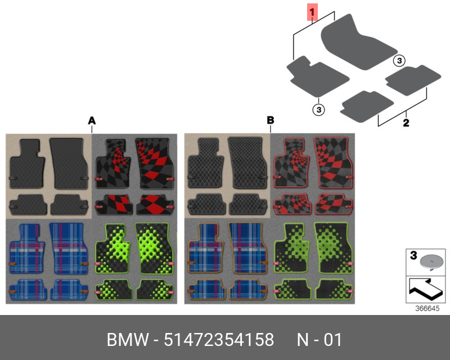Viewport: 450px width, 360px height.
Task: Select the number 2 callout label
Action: pyautogui.click(x=406, y=122)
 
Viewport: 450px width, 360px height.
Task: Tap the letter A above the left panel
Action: pyautogui.click(x=92, y=120)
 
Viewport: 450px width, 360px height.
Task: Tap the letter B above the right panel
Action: pyautogui.click(x=270, y=120)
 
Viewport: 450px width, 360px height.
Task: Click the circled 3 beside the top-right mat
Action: pyautogui.click(x=398, y=61)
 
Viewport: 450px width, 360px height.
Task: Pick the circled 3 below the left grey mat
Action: pyautogui.click(x=318, y=109)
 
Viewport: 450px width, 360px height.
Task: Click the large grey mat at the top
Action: pyautogui.click(x=354, y=43)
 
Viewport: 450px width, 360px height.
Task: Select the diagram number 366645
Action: pyautogui.click(x=427, y=308)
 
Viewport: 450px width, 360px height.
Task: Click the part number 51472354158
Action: pyautogui.click(x=219, y=340)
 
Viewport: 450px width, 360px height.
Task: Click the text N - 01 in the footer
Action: pyautogui.click(x=319, y=340)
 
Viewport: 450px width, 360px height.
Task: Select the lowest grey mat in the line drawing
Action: pyautogui.click(x=366, y=106)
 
